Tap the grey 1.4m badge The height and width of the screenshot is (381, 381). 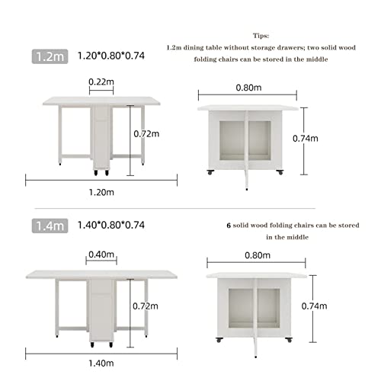click(x=49, y=226)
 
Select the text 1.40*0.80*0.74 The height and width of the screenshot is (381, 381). click(x=112, y=226)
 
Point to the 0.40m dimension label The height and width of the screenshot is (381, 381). click(x=101, y=254)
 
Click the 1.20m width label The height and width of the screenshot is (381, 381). click(x=101, y=193)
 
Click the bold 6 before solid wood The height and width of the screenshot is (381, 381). click(x=229, y=226)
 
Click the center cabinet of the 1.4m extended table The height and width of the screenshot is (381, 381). click(x=101, y=309)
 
